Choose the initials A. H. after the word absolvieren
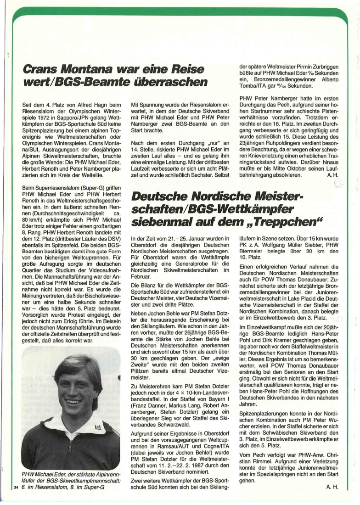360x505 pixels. click(332, 174)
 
